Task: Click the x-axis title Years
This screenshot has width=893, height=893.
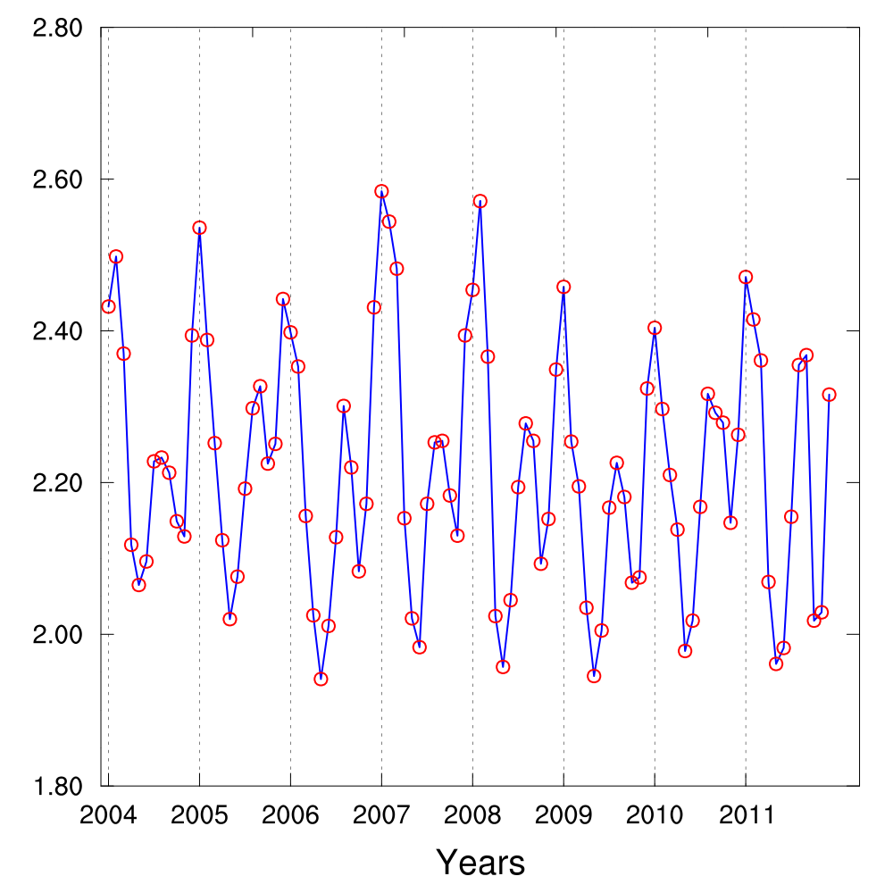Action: [480, 863]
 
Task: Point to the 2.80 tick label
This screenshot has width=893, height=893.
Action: [57, 29]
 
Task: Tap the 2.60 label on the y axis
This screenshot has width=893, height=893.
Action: [57, 179]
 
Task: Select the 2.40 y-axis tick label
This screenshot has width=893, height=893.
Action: [57, 331]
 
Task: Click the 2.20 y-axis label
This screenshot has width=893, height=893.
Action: [57, 483]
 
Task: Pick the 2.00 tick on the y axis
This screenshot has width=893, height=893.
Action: [57, 635]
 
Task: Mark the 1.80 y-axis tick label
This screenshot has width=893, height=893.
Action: [57, 786]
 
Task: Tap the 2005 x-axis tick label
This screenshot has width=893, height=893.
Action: [199, 815]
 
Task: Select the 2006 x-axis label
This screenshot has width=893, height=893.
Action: [290, 815]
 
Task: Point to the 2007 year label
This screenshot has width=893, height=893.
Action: [381, 815]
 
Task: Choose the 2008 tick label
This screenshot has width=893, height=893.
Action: [472, 815]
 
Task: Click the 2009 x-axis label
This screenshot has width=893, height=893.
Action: [563, 815]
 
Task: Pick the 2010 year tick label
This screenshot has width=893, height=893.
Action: [655, 815]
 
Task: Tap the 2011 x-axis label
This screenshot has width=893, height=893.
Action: [746, 815]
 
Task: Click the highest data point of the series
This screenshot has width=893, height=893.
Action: [381, 191]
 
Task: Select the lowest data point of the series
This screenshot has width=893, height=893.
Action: [321, 679]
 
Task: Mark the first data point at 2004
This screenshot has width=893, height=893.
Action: [108, 306]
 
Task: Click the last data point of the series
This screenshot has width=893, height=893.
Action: [829, 395]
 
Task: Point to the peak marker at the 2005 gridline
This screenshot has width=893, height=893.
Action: [199, 228]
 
